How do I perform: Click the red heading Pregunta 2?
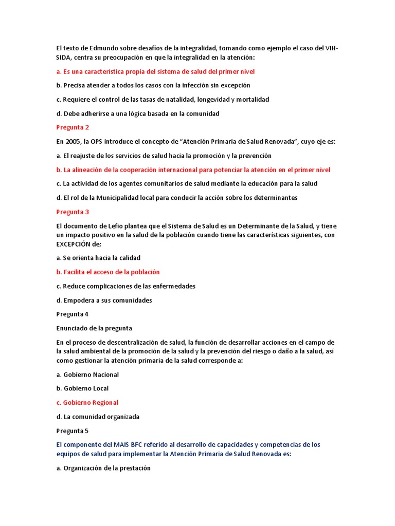73,127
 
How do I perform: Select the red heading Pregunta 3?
73,212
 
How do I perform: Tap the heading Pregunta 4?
73,314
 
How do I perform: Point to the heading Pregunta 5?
73,430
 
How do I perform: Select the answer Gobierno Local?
82,388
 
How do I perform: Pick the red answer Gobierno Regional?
87,402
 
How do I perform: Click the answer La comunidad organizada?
98,417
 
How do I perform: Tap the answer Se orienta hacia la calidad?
98,258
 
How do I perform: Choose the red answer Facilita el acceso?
108,272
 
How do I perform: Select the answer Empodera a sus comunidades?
104,300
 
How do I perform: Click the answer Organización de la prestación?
103,468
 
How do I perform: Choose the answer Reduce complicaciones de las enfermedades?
125,286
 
